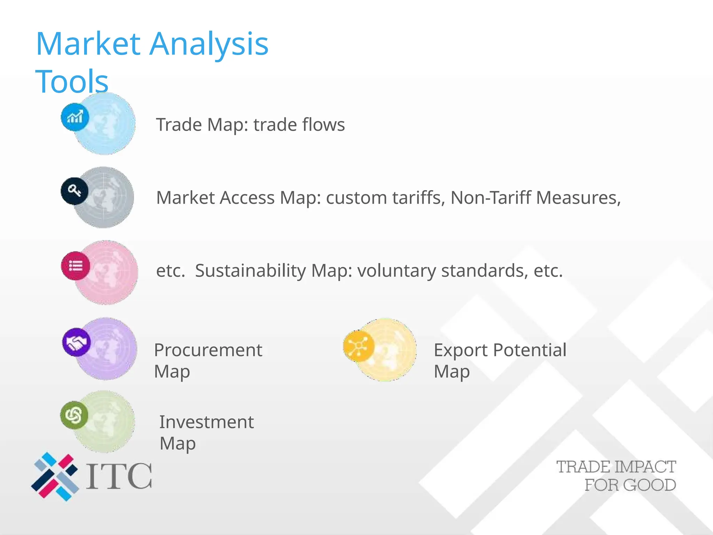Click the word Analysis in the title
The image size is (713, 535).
(x=209, y=44)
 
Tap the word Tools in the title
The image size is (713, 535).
(x=72, y=82)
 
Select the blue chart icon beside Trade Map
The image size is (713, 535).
(x=75, y=117)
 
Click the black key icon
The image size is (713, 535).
(x=75, y=191)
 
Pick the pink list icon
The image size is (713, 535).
(x=76, y=266)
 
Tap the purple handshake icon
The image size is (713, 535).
(x=77, y=342)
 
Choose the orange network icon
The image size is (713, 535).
(x=358, y=346)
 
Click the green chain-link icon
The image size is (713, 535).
(x=74, y=415)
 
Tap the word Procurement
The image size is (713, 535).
(x=208, y=350)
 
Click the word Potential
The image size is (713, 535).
(x=530, y=350)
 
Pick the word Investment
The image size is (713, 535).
(x=206, y=422)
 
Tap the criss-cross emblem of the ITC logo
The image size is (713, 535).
(x=55, y=476)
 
